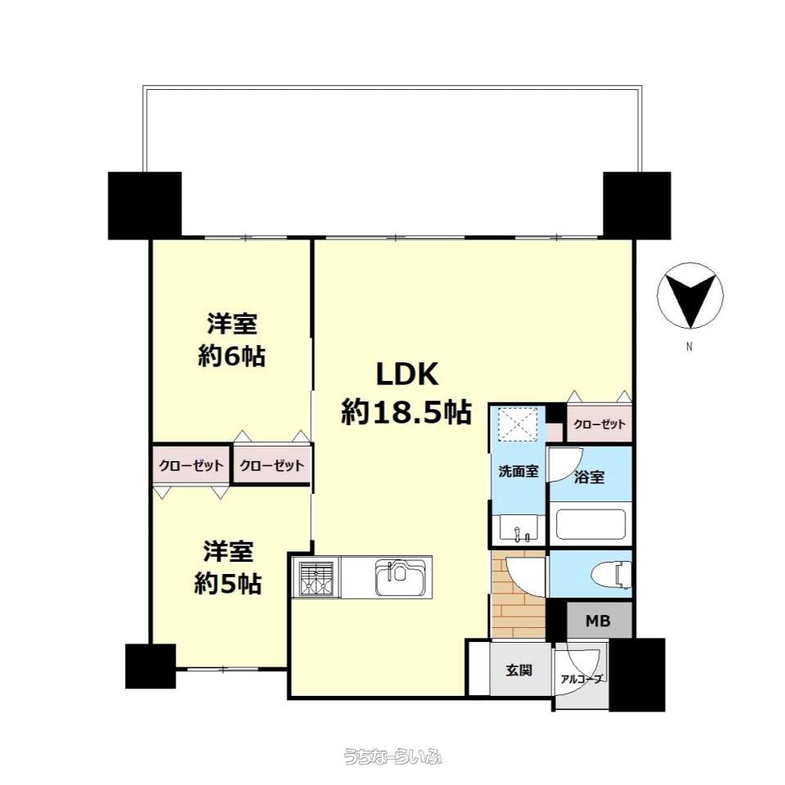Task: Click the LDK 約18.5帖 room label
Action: [x=406, y=393]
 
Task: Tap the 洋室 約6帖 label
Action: [x=231, y=340]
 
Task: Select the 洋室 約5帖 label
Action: [x=228, y=567]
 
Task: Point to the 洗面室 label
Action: [x=518, y=471]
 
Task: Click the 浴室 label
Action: [x=590, y=477]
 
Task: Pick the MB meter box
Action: [x=599, y=621]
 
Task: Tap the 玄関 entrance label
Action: [x=518, y=670]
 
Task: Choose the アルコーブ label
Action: [x=581, y=680]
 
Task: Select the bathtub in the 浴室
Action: [x=591, y=524]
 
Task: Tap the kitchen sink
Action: [x=401, y=577]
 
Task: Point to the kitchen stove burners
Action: [x=316, y=579]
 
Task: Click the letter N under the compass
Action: [x=689, y=347]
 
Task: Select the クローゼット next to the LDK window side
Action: [x=599, y=424]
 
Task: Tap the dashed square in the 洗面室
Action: [x=520, y=425]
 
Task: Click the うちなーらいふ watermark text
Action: [x=393, y=756]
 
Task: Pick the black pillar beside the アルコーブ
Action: [x=637, y=675]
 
